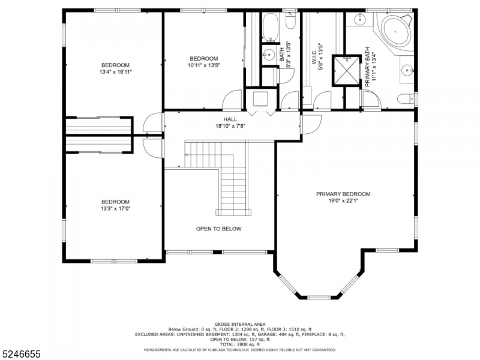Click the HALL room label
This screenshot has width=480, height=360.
pos(230,119)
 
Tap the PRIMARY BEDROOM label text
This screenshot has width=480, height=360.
pos(343,194)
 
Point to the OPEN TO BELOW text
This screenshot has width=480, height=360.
pos(218,229)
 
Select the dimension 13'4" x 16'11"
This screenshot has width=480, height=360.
pos(115,72)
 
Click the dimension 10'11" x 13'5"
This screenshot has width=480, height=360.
pos(204,65)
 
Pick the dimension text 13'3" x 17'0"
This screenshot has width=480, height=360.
pos(115,209)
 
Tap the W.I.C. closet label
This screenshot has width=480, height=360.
pos(314,58)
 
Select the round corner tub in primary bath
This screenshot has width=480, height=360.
pos(395,32)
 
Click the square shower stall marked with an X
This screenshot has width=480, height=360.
pos(347,71)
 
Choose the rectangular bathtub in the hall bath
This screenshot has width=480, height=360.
pos(271,27)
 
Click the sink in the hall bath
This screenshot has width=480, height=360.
pos(268,55)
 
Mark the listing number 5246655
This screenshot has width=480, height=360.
pos(20,354)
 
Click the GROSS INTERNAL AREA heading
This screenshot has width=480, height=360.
pos(240,324)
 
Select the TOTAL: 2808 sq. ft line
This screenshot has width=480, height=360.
pos(240,344)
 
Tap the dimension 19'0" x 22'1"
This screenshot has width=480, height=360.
pos(343,201)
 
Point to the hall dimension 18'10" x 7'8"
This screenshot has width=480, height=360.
pos(230,125)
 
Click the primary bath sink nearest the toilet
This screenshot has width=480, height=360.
pos(408,71)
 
